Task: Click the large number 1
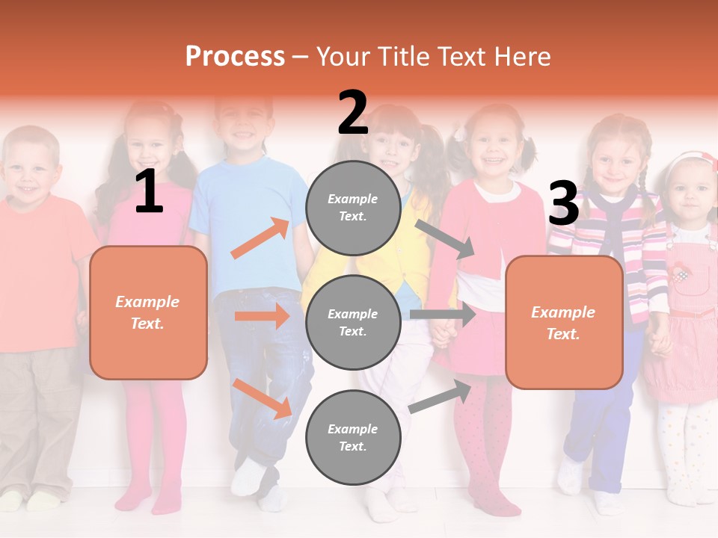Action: tap(149, 193)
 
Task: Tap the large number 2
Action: tap(353, 113)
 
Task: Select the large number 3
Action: tap(563, 204)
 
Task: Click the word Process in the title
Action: tap(235, 56)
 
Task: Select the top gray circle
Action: tap(353, 208)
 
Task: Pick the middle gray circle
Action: tap(353, 322)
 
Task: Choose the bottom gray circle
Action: tap(353, 437)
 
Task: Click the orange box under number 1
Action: tap(148, 312)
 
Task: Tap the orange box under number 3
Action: tap(564, 323)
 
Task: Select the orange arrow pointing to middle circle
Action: tap(262, 316)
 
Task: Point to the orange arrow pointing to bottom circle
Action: tap(262, 398)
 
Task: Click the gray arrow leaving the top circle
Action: tap(446, 239)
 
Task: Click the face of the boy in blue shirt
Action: tap(243, 127)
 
